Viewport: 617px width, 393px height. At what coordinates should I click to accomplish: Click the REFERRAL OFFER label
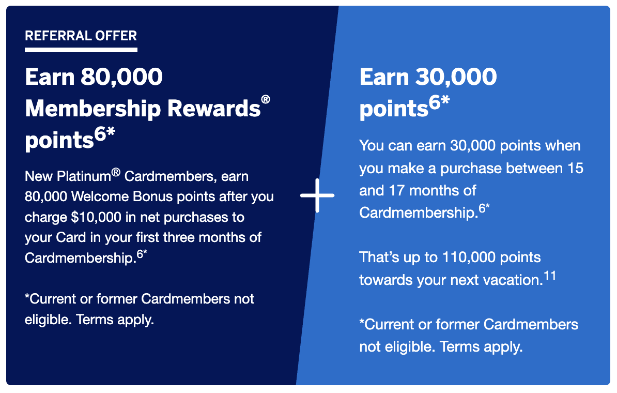click(81, 36)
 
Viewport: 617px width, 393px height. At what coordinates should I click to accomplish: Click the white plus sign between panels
click(317, 195)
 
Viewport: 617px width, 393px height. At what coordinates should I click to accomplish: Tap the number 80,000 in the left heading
click(121, 77)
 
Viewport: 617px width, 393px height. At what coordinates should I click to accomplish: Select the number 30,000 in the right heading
click(455, 77)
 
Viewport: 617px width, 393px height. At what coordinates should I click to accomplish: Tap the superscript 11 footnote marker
click(549, 276)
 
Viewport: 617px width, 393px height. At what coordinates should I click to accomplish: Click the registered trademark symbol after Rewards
click(266, 100)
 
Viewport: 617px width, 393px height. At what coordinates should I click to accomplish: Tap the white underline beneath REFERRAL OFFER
click(81, 50)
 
